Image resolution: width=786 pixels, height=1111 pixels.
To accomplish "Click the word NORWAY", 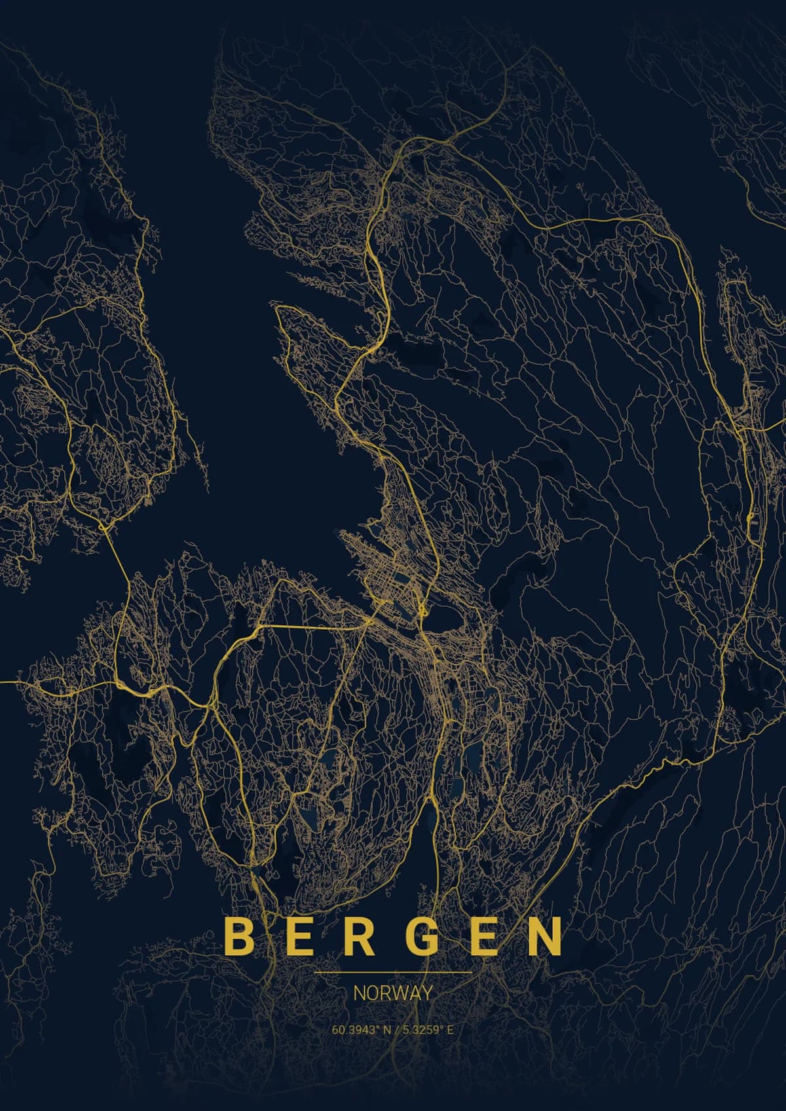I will [x=393, y=993].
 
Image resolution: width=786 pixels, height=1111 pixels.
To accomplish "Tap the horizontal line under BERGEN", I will [x=393, y=973].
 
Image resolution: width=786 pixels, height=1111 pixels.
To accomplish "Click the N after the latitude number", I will [x=387, y=1030].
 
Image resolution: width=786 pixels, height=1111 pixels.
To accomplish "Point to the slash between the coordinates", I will [x=396, y=1030].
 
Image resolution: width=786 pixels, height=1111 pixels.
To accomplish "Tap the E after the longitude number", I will [x=450, y=1030].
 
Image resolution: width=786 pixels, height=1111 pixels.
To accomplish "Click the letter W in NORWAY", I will [x=396, y=993].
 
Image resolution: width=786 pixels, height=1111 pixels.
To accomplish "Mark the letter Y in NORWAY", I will [x=427, y=993].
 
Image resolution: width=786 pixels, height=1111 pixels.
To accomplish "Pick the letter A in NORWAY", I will [x=413, y=993].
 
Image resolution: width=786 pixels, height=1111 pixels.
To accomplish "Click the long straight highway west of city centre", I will [x=314, y=627].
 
